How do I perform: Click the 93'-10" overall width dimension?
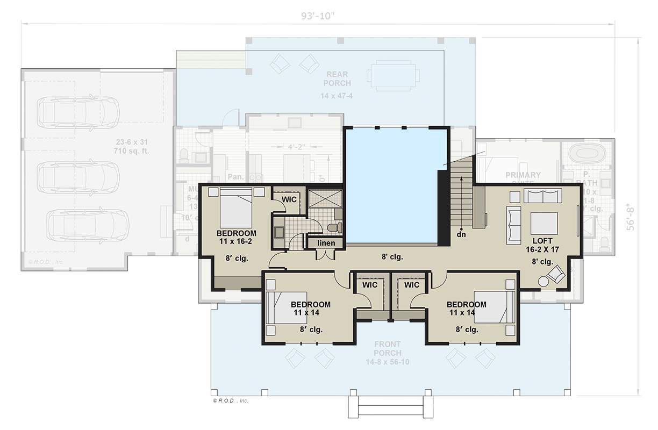click(318, 16)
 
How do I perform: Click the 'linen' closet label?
click(326, 243)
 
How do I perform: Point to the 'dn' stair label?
click(461, 234)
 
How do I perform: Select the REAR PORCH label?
click(337, 79)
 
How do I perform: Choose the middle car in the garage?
click(78, 173)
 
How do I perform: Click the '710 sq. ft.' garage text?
click(132, 151)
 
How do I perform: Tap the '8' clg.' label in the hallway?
click(391, 257)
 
